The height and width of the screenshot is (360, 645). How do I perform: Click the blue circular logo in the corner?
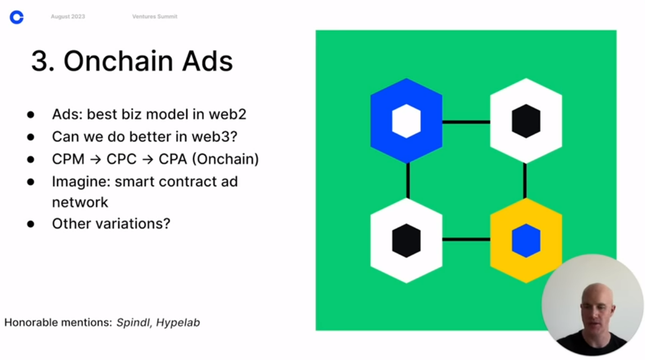tap(17, 17)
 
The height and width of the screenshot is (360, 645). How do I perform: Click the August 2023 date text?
tap(68, 17)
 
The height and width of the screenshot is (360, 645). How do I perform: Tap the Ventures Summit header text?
tap(155, 17)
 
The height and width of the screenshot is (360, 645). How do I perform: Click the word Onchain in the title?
tap(118, 61)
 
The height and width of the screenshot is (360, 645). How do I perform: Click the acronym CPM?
tap(68, 159)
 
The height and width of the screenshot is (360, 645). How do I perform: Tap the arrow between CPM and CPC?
tap(95, 159)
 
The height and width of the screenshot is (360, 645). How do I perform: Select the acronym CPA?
tap(173, 159)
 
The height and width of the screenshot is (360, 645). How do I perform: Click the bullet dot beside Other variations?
tap(31, 224)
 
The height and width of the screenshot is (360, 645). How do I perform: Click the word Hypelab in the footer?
tap(178, 323)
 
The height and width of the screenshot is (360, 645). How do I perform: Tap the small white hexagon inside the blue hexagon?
tap(406, 121)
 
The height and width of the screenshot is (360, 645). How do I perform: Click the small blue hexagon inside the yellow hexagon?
tap(526, 241)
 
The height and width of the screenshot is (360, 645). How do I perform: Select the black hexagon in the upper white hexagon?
tap(526, 121)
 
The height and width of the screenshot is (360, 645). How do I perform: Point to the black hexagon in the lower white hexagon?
tap(406, 241)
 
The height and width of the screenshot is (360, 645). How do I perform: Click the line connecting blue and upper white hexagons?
tap(466, 122)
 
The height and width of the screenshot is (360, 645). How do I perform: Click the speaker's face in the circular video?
tap(597, 309)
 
